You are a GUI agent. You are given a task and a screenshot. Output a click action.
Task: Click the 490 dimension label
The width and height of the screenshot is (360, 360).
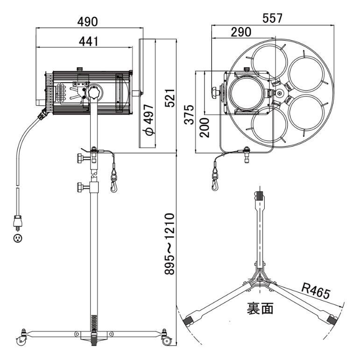87,22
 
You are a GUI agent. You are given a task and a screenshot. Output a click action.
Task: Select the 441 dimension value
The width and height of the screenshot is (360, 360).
89,42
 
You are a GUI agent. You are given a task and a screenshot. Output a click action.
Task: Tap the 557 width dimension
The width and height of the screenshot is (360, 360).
272,18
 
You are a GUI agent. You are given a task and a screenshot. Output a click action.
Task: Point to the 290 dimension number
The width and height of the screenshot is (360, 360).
241,32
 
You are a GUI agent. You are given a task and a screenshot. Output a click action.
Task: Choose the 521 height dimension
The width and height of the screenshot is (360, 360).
170,98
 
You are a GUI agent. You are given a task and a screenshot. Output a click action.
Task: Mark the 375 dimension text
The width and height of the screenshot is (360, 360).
189,114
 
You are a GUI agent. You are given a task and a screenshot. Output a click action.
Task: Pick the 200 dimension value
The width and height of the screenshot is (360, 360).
205,127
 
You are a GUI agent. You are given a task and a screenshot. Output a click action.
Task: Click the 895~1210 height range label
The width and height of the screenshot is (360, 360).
170,244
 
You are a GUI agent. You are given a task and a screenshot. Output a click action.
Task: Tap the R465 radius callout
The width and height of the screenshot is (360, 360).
316,291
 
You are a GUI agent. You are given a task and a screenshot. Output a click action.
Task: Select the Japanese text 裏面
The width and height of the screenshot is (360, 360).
260,308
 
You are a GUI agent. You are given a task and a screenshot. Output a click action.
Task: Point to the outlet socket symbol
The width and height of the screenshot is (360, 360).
18,239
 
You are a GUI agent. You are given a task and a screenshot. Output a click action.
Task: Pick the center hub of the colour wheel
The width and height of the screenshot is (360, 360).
279,93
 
